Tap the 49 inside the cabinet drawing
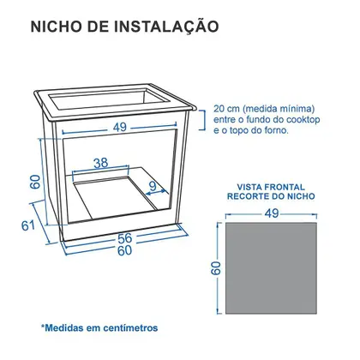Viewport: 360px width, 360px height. click(x=119, y=128)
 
